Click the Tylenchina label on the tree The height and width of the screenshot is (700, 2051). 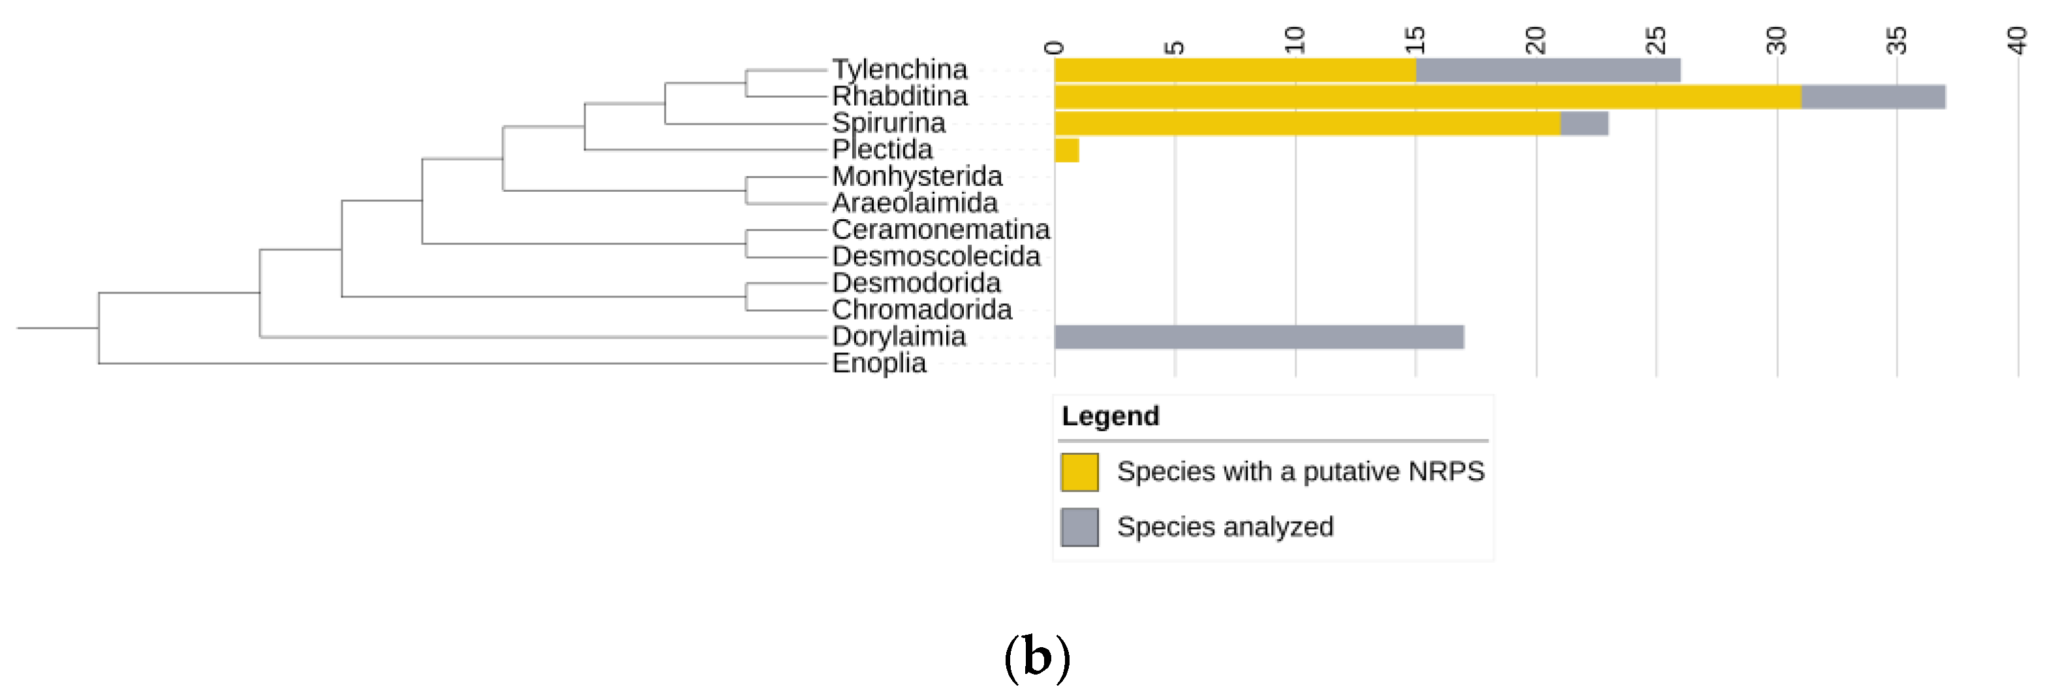pos(899,69)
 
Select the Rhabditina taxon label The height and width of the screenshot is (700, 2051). pos(899,97)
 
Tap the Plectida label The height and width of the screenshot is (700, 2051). pos(882,149)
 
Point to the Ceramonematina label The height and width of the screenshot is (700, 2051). pos(940,230)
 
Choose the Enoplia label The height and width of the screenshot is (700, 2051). pos(878,363)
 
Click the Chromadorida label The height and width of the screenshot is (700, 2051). pos(921,310)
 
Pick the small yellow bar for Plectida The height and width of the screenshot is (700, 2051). pos(1066,151)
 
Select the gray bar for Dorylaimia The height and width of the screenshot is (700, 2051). pos(1258,337)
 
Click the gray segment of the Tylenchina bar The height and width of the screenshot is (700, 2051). pos(1547,70)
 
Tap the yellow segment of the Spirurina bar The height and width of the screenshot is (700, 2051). pos(1306,123)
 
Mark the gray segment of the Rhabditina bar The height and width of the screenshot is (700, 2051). pos(1873,97)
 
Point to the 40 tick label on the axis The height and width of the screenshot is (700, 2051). pos(2017,40)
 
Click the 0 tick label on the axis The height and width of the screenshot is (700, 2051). pos(1054,47)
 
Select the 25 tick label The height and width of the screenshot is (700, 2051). pos(1656,40)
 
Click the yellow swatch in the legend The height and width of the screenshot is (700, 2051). pos(1079,472)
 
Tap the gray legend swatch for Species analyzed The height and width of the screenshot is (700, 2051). pos(1079,527)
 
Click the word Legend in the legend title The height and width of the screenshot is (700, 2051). pos(1110,416)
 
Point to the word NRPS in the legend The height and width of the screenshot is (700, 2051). pos(1446,472)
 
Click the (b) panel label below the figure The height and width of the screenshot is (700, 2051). pos(1037,658)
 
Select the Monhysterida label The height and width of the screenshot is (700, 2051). pos(916,176)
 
